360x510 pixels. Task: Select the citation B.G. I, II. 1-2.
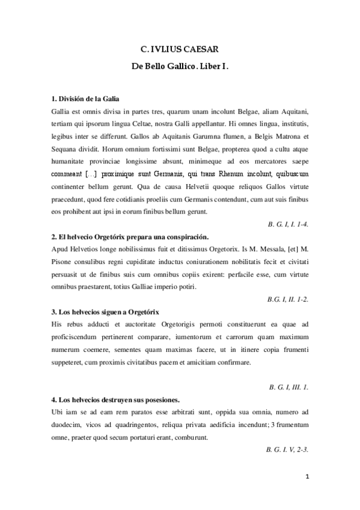click(x=288, y=298)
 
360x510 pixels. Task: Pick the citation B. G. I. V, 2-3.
click(x=287, y=449)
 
